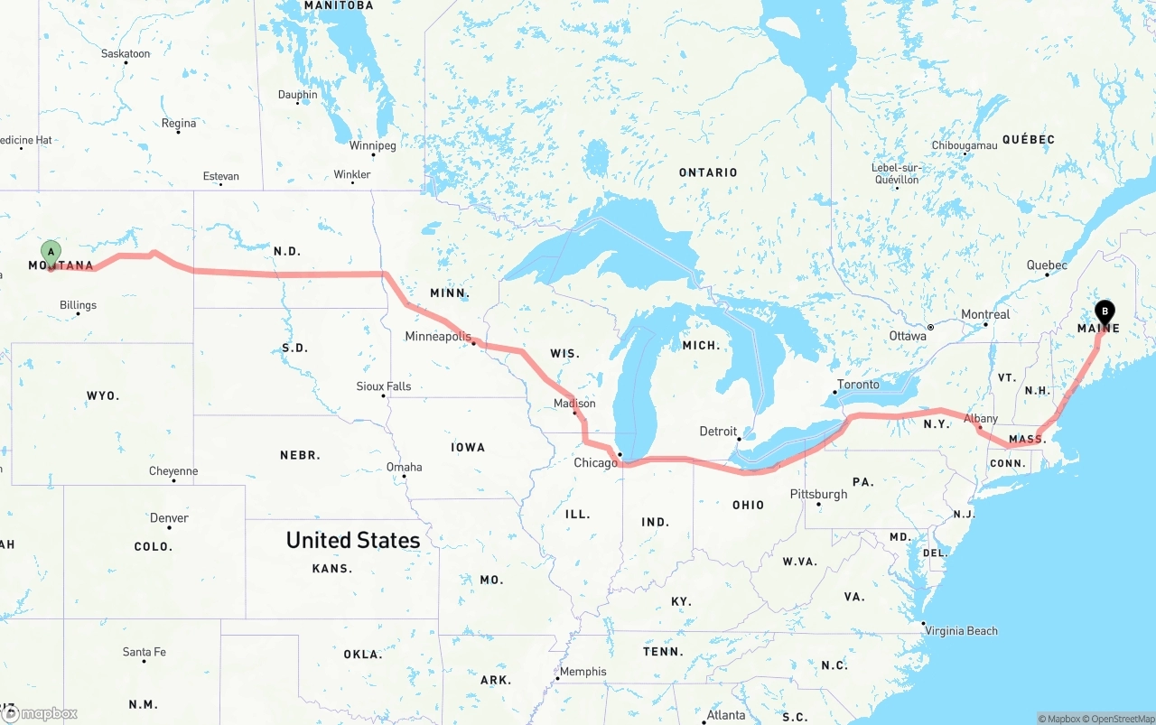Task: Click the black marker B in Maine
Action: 1104,312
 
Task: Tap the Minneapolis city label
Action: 438,337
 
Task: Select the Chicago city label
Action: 596,462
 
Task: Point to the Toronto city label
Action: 858,385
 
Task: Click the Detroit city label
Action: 718,432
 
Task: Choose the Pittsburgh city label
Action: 818,494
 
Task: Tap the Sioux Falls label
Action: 383,386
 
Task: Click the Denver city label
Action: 170,518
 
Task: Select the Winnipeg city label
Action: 372,145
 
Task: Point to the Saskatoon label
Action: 126,54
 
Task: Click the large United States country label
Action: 352,540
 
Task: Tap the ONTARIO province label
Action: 708,172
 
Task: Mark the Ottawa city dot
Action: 930,328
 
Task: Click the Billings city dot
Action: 79,313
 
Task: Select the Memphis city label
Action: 583,672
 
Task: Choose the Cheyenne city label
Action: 173,471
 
